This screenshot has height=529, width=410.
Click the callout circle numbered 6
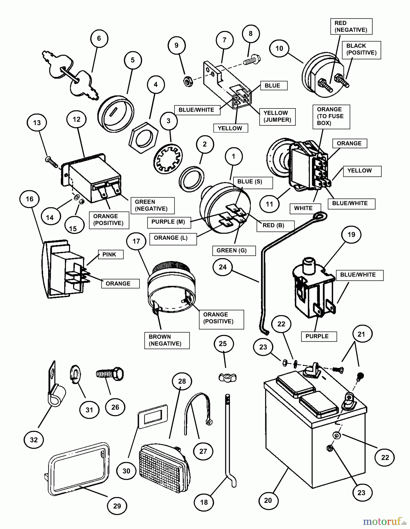pyautogui.click(x=99, y=38)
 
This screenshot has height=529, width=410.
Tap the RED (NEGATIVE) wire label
pyautogui.click(x=351, y=26)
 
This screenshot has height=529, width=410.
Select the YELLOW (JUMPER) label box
pyautogui.click(x=277, y=117)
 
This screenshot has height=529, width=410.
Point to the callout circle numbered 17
pyautogui.click(x=136, y=241)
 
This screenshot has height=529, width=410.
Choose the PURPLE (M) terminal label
pyautogui.click(x=168, y=222)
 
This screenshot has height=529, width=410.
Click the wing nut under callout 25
pyautogui.click(x=227, y=377)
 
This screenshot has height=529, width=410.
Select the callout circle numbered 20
pyautogui.click(x=268, y=500)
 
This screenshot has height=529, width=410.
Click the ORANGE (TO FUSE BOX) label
pyautogui.click(x=331, y=116)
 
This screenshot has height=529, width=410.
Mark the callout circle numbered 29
pyautogui.click(x=117, y=506)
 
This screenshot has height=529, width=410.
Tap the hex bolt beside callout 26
pyautogui.click(x=110, y=374)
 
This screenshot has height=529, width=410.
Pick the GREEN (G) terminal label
pyautogui.click(x=232, y=251)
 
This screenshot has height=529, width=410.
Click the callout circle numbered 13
pyautogui.click(x=37, y=123)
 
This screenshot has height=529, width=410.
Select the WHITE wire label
pyautogui.click(x=303, y=208)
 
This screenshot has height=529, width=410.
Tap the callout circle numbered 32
pyautogui.click(x=34, y=440)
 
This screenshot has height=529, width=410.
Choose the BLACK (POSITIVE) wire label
pyautogui.click(x=361, y=49)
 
